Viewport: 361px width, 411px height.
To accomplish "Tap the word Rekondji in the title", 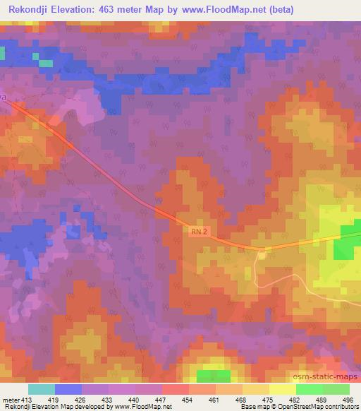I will [x=30, y=10].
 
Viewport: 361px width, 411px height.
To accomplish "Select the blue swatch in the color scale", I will [x=68, y=389].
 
